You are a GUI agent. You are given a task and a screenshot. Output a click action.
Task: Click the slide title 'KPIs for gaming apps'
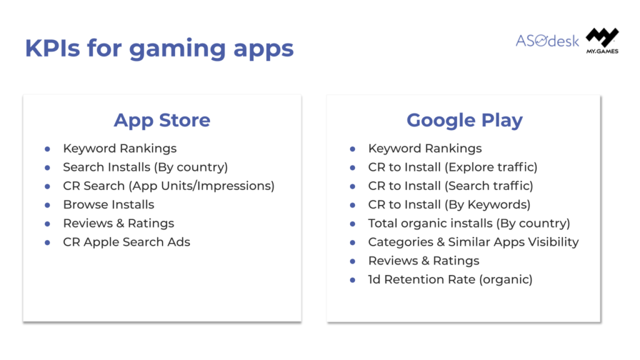[159, 49]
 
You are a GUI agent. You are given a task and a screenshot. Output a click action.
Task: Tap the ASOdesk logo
[547, 41]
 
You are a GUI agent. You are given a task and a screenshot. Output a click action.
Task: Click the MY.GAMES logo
[602, 41]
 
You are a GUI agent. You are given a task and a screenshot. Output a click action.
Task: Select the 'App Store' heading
[162, 120]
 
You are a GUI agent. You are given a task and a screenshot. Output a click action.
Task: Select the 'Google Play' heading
[464, 121]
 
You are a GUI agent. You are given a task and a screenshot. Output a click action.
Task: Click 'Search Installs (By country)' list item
[145, 167]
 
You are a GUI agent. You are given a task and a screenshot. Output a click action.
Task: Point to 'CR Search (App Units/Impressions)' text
[169, 186]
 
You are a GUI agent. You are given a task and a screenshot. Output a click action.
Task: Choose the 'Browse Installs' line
[109, 204]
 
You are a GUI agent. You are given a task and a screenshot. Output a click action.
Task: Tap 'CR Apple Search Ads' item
[126, 242]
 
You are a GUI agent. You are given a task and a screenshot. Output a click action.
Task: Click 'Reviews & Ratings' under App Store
[118, 223]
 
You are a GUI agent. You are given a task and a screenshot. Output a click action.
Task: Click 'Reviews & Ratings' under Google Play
[424, 261]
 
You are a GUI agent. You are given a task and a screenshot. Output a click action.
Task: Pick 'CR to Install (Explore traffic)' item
[452, 167]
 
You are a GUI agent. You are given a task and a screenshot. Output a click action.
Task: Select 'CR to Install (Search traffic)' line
[451, 186]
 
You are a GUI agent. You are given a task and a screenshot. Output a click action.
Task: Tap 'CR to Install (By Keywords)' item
[449, 204]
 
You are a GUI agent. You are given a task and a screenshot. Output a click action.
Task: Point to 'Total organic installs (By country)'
[469, 223]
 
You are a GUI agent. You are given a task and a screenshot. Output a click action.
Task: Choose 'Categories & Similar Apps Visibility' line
[474, 242]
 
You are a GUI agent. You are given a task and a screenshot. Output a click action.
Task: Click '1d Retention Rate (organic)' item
[450, 279]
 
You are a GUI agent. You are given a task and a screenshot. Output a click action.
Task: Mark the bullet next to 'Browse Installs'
[47, 205]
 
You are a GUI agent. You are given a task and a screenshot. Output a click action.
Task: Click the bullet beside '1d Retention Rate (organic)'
[352, 280]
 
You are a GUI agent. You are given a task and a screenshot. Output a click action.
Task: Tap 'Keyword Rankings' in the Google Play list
[425, 148]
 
